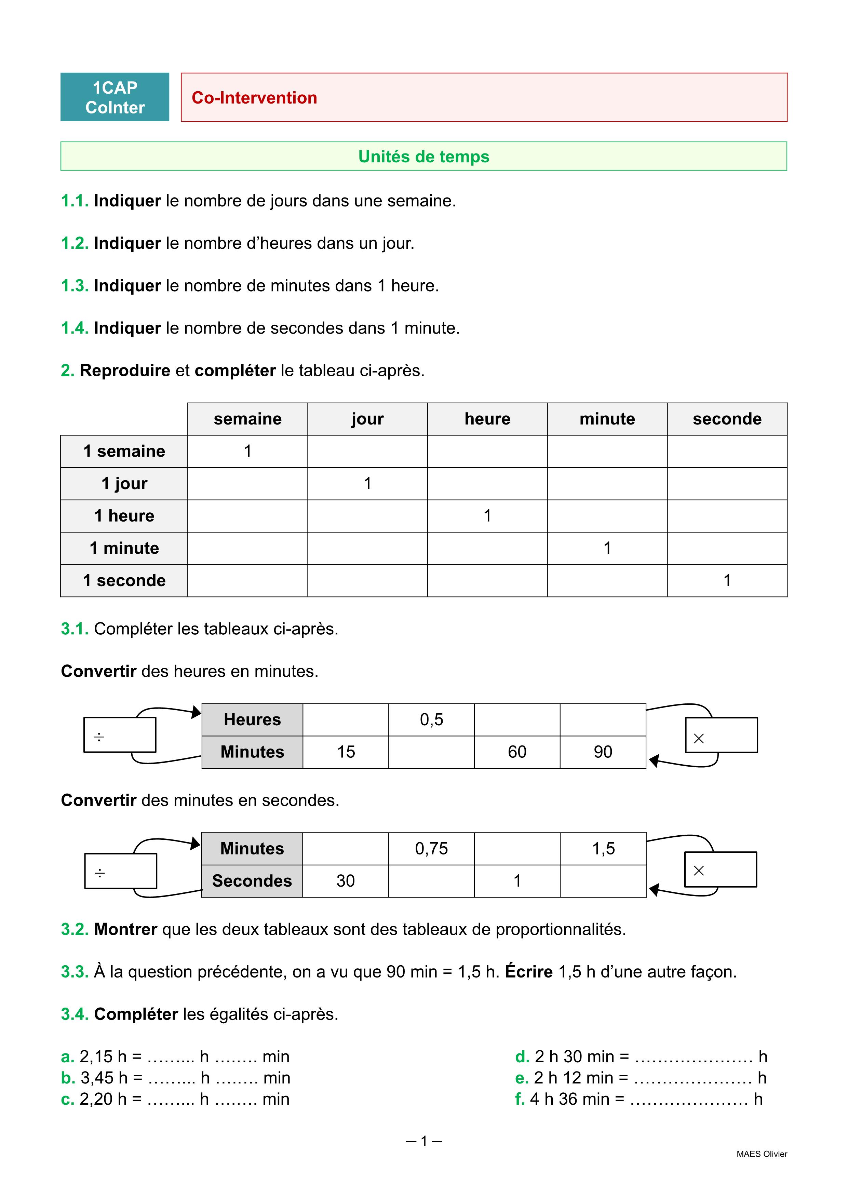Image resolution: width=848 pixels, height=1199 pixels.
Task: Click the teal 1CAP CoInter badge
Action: coord(115,97)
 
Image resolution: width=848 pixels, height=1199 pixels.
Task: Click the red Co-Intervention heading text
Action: coord(254,98)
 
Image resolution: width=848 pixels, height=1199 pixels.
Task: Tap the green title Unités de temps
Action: coord(423,157)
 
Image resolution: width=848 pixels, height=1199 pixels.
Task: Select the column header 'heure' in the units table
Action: coord(487,419)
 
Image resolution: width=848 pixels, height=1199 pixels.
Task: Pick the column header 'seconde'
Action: coord(727,419)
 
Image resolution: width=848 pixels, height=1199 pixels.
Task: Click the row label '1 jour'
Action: coord(124,484)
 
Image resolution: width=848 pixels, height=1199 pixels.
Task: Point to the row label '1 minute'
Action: coord(124,548)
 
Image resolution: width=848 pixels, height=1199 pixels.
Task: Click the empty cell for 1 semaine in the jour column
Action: coord(367,451)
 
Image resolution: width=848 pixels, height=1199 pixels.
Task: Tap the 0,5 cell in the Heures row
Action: coord(431,719)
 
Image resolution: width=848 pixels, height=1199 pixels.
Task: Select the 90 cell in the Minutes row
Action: coord(603,752)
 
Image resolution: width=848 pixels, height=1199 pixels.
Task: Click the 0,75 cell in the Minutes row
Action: coord(431,849)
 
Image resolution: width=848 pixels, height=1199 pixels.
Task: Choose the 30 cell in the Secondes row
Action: coord(346,881)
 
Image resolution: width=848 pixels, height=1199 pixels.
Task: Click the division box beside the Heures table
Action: coord(120,735)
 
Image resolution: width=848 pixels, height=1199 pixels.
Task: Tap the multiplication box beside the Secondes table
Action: coord(721,870)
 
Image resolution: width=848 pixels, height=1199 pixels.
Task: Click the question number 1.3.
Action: coord(75,286)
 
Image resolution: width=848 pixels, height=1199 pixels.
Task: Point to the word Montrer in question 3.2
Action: coord(125,930)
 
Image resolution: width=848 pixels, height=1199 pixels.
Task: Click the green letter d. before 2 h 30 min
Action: coord(522,1057)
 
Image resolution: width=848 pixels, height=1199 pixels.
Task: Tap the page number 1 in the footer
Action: coord(424,1141)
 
